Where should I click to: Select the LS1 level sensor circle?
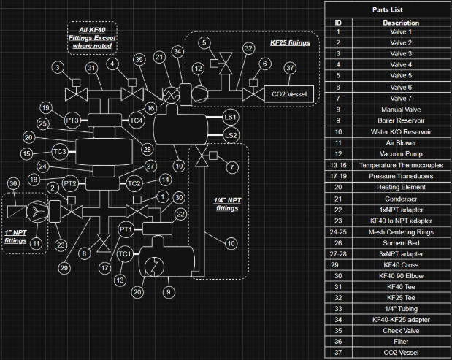[231, 118]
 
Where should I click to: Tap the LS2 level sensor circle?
[231, 135]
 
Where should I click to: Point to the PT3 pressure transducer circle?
[72, 119]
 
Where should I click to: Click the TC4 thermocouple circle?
[136, 119]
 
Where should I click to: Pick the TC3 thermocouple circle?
[60, 151]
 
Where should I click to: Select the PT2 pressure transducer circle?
[70, 183]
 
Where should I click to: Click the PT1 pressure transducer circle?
[126, 230]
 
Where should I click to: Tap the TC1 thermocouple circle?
[125, 253]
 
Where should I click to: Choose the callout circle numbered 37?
[290, 68]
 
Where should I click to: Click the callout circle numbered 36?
[14, 183]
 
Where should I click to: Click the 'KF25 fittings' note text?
[291, 43]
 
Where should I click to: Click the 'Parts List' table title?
[388, 9]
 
